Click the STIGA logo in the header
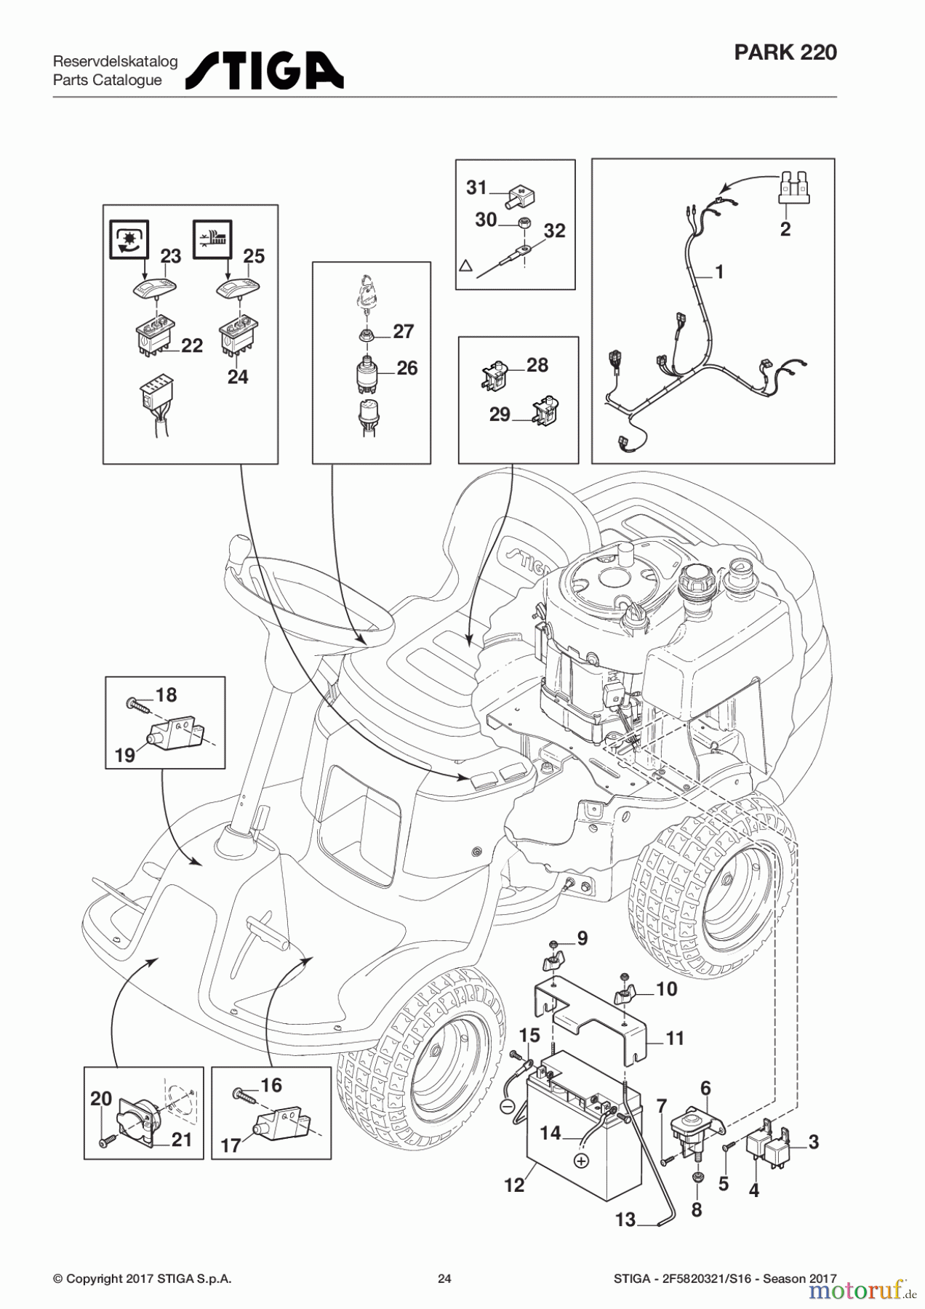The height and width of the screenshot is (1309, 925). [x=265, y=71]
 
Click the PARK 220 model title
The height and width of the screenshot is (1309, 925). [x=785, y=52]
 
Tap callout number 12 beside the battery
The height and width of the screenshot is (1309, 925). [x=514, y=1185]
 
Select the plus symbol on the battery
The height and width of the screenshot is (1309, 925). [x=580, y=1161]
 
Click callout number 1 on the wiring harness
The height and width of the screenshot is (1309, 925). [x=719, y=272]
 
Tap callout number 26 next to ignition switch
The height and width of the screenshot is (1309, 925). [x=407, y=368]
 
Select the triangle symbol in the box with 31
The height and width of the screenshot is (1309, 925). [x=466, y=266]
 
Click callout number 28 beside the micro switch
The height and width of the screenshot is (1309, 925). [x=537, y=365]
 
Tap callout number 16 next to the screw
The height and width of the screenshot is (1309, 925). [x=271, y=1085]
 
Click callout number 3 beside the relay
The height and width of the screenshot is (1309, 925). [x=813, y=1142]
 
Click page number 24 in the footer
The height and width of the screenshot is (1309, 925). [x=444, y=1278]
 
